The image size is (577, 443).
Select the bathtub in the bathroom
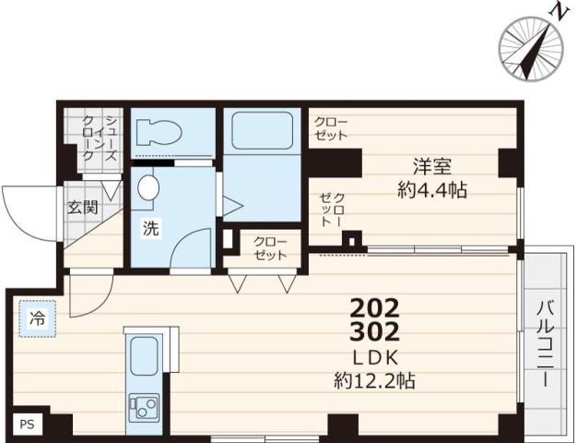pos(260,130)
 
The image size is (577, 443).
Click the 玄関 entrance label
pos(81,208)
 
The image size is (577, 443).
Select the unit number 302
pos(374,331)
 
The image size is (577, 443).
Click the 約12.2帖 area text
pos(374,378)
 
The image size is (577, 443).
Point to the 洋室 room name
pos(431,168)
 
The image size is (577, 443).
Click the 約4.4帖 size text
pos(431,191)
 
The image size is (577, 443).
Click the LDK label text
pos(374,356)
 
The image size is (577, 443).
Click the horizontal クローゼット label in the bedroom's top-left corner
pos(331,128)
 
